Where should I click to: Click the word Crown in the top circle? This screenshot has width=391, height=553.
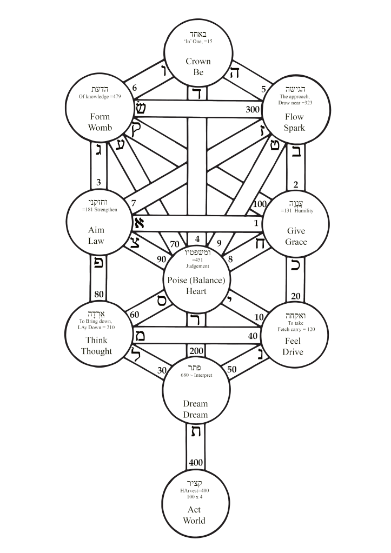[198, 61]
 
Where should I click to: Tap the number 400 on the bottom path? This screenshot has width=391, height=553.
[196, 463]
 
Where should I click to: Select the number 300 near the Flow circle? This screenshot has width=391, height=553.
[253, 109]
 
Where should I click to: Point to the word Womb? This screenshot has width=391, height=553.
[100, 128]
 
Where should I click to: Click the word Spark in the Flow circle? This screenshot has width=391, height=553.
[294, 128]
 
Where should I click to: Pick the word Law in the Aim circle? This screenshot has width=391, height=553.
[96, 241]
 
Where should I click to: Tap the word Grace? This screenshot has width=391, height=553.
[296, 242]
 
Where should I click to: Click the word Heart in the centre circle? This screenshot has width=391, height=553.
[195, 291]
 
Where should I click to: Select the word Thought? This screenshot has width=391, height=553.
[96, 351]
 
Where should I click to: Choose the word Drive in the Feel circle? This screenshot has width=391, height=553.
[293, 352]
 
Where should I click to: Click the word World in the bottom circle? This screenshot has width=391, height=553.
[194, 521]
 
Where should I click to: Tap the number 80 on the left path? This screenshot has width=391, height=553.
[99, 295]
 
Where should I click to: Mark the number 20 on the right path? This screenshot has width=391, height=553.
[296, 296]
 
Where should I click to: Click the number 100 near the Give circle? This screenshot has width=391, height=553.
[260, 204]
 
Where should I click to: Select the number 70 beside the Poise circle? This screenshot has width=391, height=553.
[175, 243]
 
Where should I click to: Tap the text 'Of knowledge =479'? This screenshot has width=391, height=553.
[100, 97]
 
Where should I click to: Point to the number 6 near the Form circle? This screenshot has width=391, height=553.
[135, 88]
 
